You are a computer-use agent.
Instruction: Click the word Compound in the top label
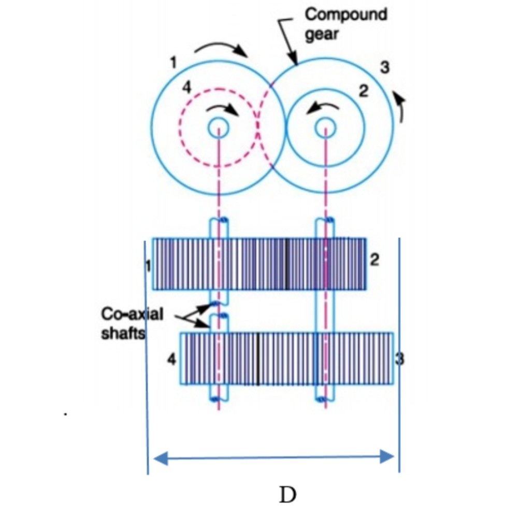click(x=345, y=14)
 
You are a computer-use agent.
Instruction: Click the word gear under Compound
click(x=321, y=35)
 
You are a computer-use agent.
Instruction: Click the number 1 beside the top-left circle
click(x=174, y=63)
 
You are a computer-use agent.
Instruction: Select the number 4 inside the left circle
click(x=186, y=89)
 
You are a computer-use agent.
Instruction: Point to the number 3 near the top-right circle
click(x=385, y=67)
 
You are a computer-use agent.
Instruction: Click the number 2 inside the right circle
click(x=364, y=92)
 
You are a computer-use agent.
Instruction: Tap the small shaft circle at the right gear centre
click(x=326, y=126)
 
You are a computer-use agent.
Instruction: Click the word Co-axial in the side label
click(x=132, y=314)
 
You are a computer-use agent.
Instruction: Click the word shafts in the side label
click(x=123, y=334)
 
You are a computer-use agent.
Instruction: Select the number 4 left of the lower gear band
click(x=172, y=359)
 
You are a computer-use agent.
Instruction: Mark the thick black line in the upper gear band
click(x=285, y=264)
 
